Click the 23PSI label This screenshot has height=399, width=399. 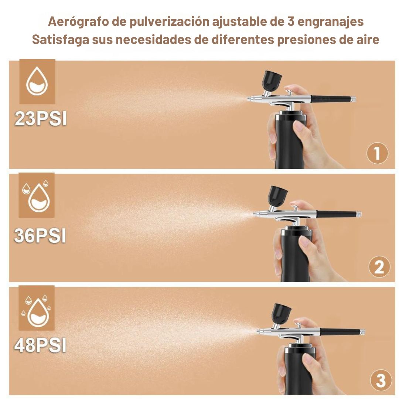click(41, 119)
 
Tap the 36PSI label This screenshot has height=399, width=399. click(40, 236)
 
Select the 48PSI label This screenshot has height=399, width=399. click(40, 345)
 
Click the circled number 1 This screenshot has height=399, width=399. click(377, 153)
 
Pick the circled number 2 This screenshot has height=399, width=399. click(379, 267)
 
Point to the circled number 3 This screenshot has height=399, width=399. click(381, 381)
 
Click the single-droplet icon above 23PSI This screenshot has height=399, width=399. click(37, 81)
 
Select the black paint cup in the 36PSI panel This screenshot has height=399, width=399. click(278, 196)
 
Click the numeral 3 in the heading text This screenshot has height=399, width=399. click(291, 22)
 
